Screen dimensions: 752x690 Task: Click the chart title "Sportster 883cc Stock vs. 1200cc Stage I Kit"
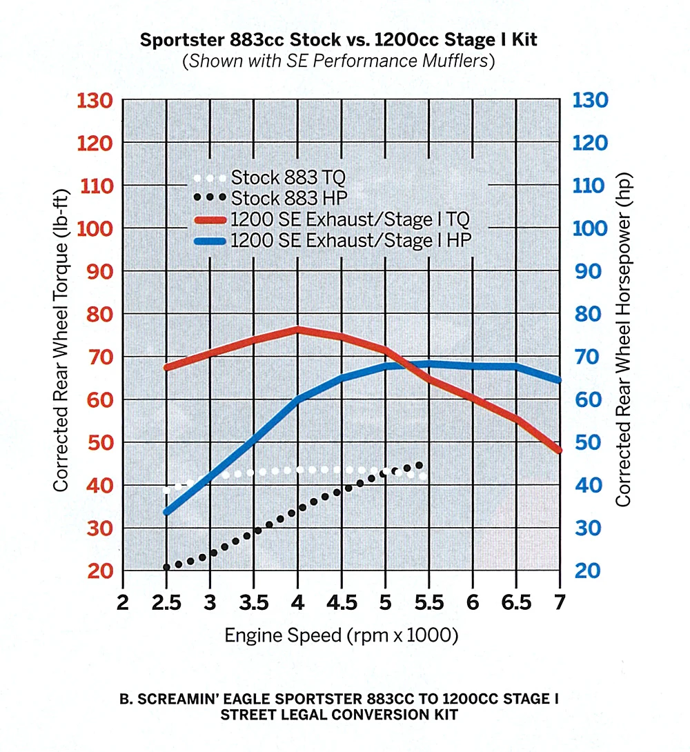(338, 39)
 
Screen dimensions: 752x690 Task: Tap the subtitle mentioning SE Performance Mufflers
(338, 61)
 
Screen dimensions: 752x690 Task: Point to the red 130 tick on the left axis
(97, 101)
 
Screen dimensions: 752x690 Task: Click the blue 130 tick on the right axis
(591, 101)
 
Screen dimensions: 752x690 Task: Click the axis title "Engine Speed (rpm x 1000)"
(342, 635)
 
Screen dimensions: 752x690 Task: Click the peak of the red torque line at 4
(297, 329)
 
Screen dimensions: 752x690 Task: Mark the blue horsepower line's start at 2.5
(166, 511)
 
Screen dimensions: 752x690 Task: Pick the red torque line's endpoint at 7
(558, 450)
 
